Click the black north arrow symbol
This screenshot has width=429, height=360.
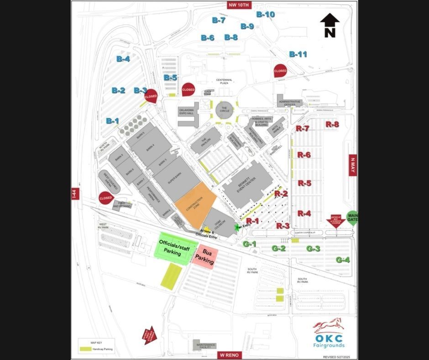(330, 25)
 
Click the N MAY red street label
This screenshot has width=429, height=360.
(352, 164)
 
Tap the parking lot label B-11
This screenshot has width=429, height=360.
(298, 54)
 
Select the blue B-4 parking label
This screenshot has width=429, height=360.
(123, 59)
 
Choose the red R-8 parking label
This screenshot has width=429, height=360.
(332, 124)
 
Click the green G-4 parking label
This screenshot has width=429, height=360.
(343, 260)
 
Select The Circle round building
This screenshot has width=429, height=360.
(224, 110)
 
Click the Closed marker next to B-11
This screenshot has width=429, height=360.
(280, 71)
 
